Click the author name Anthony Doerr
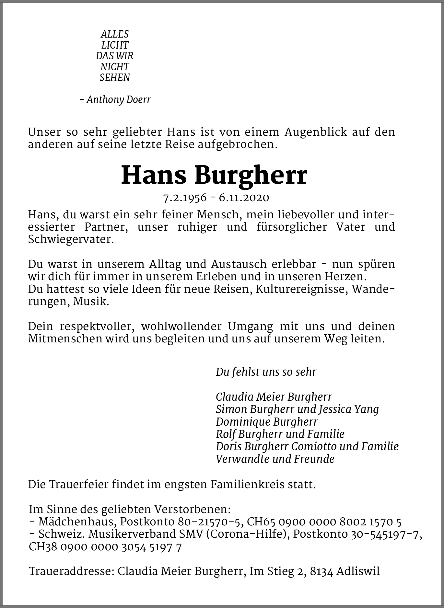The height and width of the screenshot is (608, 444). coord(118,99)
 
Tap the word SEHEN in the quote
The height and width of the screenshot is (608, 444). coord(115,78)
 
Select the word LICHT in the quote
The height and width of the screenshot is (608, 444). coord(115,45)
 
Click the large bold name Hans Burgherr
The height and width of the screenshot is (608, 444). coord(214,175)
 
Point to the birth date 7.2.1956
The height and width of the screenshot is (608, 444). coord(185,198)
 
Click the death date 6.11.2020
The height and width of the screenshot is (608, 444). coord(244,198)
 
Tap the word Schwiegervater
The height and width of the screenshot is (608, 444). coord(71,239)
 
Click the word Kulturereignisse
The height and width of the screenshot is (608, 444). coord(302,289)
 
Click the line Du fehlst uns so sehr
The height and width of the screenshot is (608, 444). coord(266,372)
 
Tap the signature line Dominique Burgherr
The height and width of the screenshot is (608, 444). coord(266,422)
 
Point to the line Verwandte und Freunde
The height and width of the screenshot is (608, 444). coord(275,459)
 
